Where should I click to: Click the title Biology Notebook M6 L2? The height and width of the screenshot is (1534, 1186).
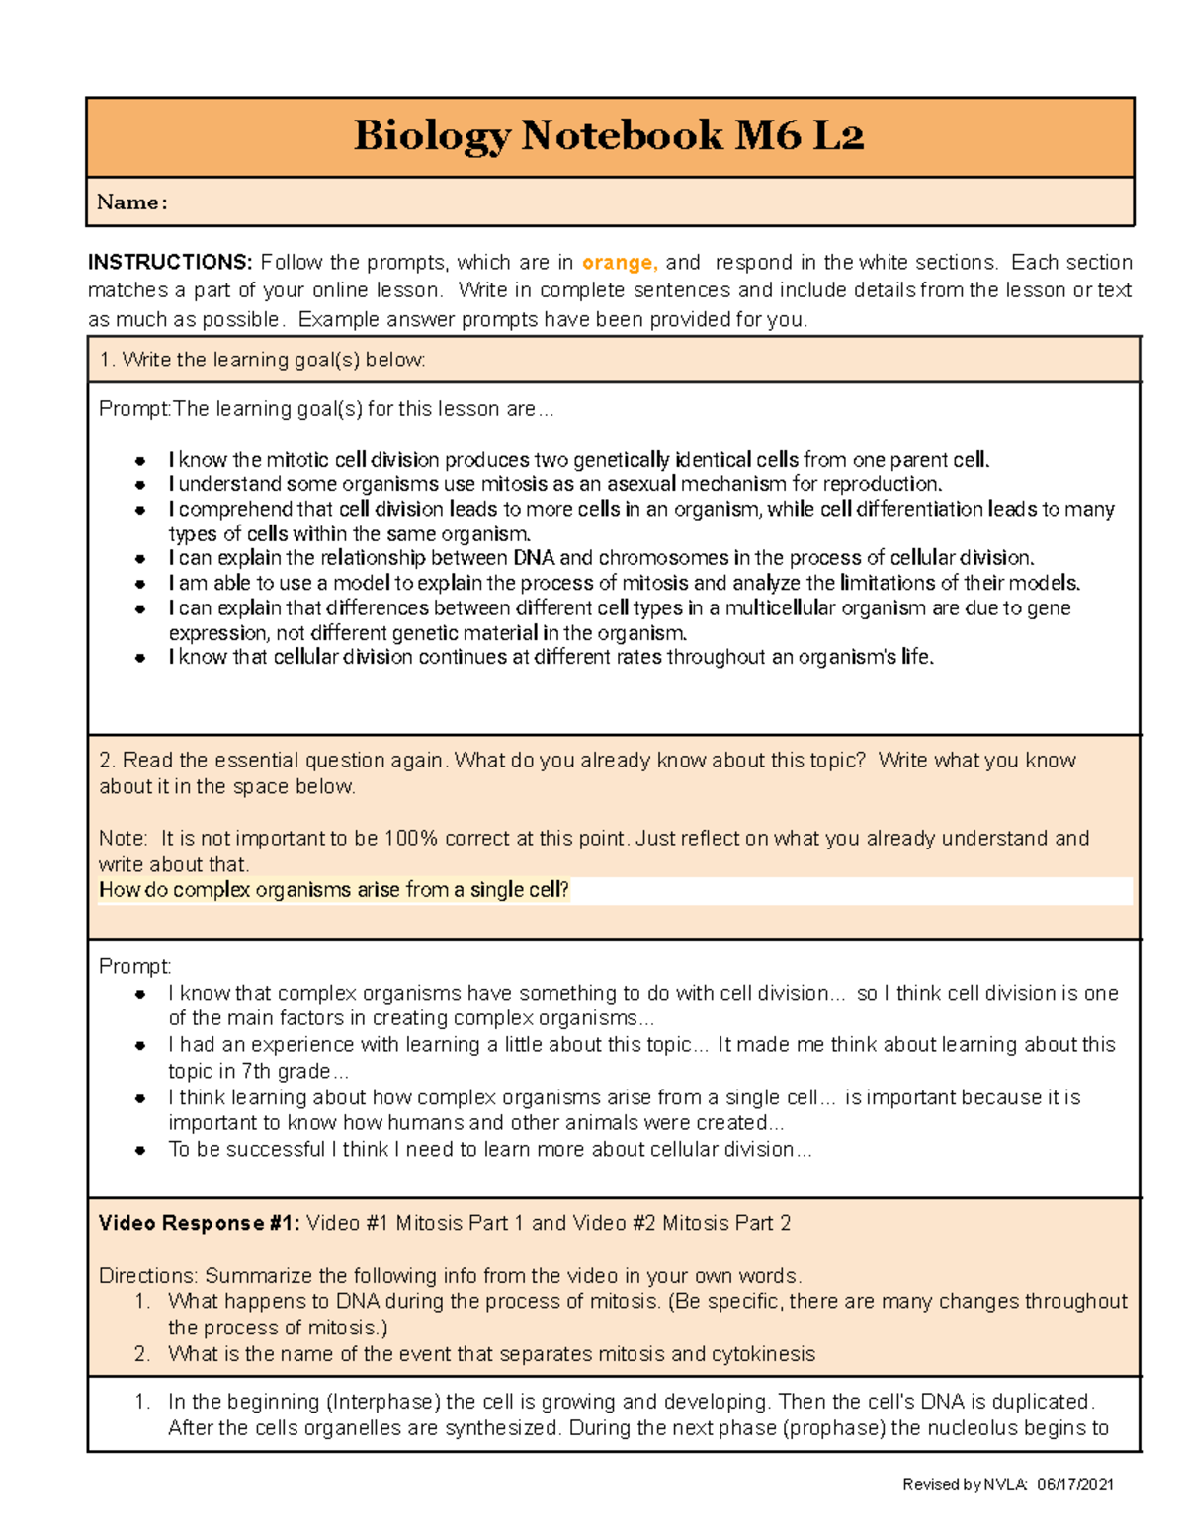[609, 135]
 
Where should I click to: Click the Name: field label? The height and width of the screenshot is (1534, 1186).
[131, 202]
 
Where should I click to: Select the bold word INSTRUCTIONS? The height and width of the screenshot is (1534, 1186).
[170, 262]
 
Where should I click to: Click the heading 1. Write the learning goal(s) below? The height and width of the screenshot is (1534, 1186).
[262, 360]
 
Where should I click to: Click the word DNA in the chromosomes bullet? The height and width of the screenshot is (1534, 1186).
[534, 558]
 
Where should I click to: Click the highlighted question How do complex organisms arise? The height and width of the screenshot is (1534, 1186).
[334, 889]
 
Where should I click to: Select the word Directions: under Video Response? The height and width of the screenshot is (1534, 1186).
[148, 1275]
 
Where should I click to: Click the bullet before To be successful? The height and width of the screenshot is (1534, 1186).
[140, 1150]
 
